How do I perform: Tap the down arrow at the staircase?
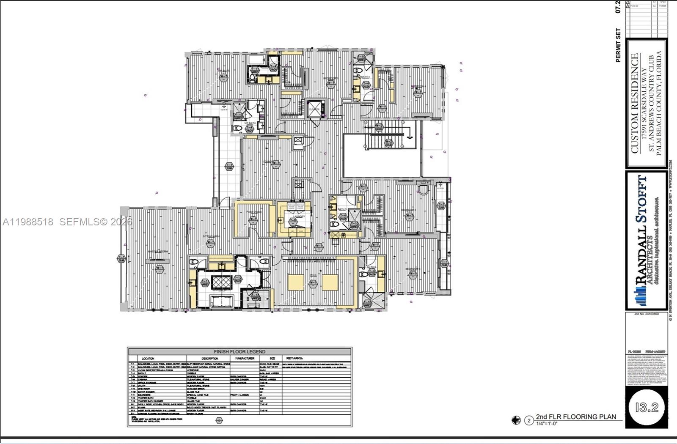tap(410, 136)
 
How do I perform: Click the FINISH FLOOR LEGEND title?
tap(239, 351)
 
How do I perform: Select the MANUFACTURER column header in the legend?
tap(245, 358)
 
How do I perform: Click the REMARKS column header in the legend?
tap(295, 358)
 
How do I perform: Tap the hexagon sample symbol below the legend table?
tap(219, 420)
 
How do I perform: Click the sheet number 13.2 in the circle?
tap(647, 407)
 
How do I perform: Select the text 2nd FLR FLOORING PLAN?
tap(576, 417)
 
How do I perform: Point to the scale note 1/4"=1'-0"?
tap(547, 423)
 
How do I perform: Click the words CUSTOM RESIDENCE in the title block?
tap(634, 104)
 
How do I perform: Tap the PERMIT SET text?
tap(618, 45)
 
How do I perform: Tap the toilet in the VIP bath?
tap(237, 128)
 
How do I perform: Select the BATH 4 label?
tap(365, 77)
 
